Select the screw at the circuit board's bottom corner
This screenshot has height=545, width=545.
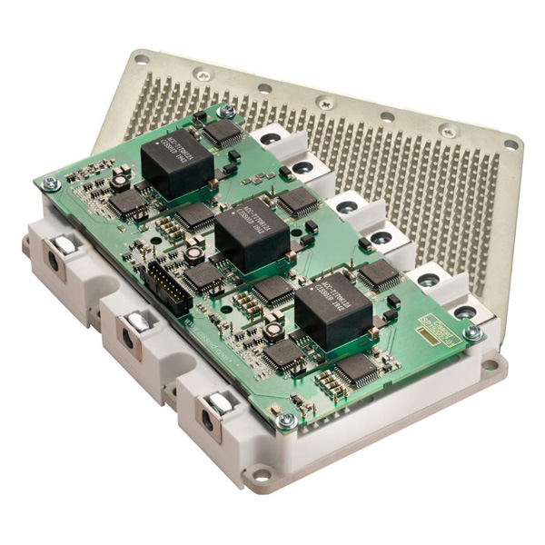286,420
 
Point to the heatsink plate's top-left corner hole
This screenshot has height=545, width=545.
141,59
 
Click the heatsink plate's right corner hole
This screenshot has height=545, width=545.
510,144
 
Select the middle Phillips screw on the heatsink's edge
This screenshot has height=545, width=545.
325,102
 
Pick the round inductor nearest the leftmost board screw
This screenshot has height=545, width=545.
119,182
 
